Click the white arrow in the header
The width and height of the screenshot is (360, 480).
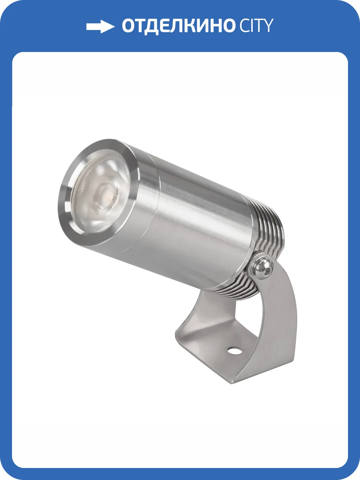(x=100, y=26)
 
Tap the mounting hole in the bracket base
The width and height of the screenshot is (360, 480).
(x=232, y=351)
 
